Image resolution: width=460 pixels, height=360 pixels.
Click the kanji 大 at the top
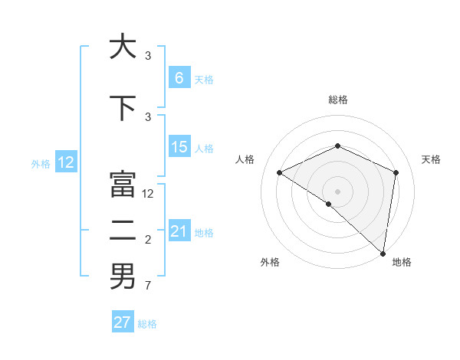123,47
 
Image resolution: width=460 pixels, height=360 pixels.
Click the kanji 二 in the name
123,231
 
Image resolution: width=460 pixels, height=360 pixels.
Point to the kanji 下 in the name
123,108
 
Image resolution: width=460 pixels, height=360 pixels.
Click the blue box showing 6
179,78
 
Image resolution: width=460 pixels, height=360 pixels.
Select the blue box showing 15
179,147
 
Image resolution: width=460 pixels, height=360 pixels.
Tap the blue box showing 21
179,231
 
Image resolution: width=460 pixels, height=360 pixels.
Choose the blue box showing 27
123,322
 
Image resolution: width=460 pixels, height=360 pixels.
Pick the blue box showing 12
66,162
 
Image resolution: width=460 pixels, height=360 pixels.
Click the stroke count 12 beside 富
149,194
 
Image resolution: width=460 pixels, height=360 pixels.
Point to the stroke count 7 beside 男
147,286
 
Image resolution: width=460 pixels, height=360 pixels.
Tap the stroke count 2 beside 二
147,240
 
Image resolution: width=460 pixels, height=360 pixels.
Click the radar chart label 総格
337,100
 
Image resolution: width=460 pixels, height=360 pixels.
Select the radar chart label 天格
431,159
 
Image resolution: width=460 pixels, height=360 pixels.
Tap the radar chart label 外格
270,262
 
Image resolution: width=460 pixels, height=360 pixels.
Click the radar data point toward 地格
382,253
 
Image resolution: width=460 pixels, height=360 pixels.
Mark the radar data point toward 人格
280,173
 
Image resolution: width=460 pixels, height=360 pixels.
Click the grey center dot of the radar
337,191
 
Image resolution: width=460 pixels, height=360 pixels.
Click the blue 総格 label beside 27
147,324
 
